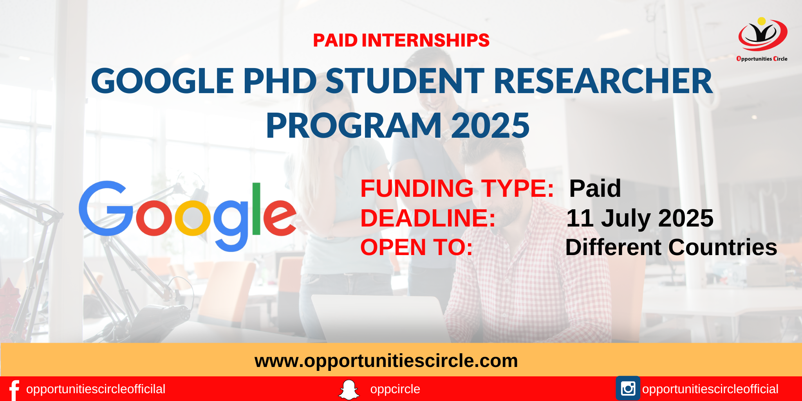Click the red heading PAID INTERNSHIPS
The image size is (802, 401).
coord(401,40)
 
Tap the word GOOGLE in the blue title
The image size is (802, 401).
coord(163,81)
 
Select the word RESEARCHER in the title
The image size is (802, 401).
coord(603,81)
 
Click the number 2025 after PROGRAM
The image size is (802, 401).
coord(490,126)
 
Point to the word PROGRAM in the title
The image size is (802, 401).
coord(354,126)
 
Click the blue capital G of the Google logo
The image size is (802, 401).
coord(106,208)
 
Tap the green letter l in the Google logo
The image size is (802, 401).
coord(256,209)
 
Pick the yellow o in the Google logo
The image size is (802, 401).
coord(193,218)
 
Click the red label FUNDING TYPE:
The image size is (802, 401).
coord(457,188)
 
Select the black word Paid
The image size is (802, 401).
coord(595,188)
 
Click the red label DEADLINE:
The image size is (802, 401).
coord(428,218)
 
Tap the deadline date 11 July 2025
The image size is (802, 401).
coord(640,218)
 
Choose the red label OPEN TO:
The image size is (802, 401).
coord(417,247)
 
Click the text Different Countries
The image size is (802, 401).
coord(671,247)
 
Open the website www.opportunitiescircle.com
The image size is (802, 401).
coord(386,361)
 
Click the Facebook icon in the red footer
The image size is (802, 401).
coord(14,390)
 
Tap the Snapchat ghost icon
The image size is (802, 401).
coord(349,390)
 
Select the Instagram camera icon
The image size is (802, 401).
coord(628,388)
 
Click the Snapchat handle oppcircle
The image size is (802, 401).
coord(395,389)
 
